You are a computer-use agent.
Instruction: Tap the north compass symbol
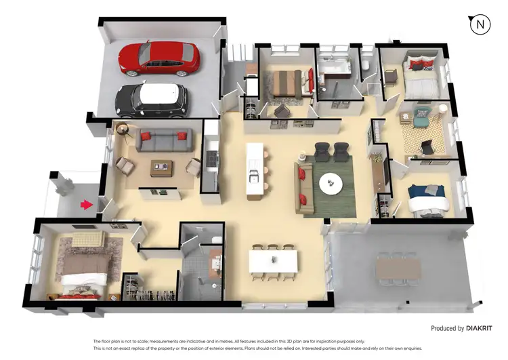coord(480,24)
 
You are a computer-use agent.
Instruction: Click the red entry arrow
coord(85,203)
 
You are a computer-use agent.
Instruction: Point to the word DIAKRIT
coord(484,328)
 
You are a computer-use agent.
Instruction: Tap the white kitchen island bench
coord(255,171)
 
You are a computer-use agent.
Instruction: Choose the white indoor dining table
coord(273,261)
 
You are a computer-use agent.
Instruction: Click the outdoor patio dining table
coord(398,268)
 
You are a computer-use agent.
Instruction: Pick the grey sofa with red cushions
coord(162,140)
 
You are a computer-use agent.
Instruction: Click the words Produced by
coord(446,328)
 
